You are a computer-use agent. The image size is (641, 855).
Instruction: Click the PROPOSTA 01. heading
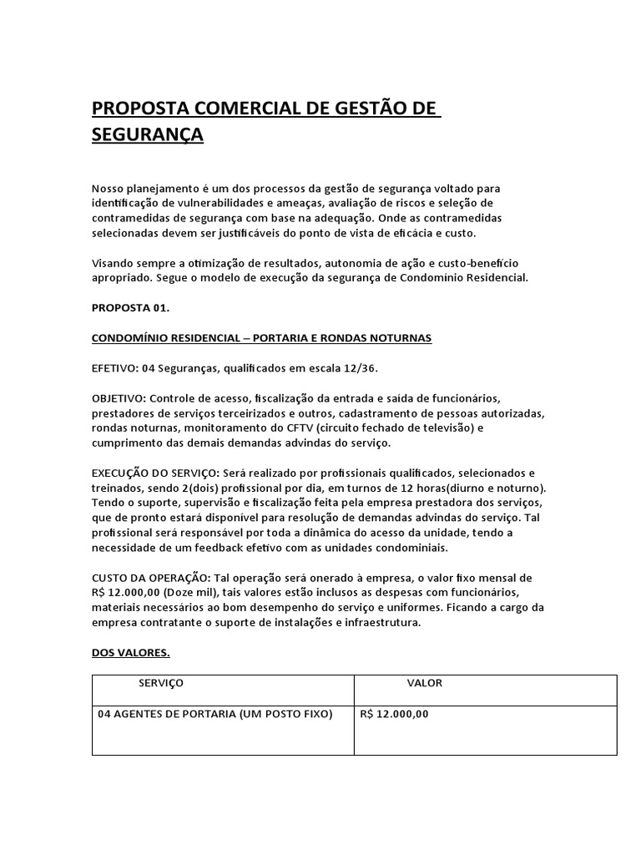[x=130, y=307]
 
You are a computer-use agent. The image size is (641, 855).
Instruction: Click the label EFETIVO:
[x=115, y=367]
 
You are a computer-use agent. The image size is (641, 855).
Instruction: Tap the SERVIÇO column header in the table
[x=161, y=683]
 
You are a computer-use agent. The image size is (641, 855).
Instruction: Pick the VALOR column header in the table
[x=425, y=683]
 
